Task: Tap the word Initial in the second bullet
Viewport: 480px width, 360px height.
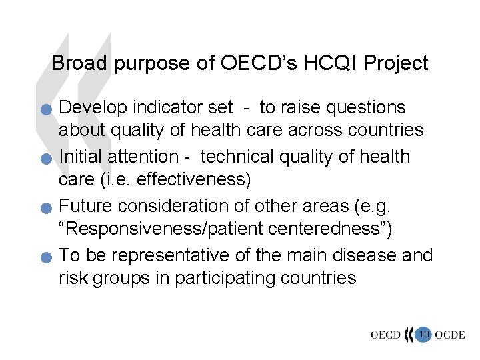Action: click(x=83, y=157)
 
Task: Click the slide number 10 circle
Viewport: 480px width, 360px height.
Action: click(x=423, y=333)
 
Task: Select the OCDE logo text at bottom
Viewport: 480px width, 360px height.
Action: click(x=450, y=334)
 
